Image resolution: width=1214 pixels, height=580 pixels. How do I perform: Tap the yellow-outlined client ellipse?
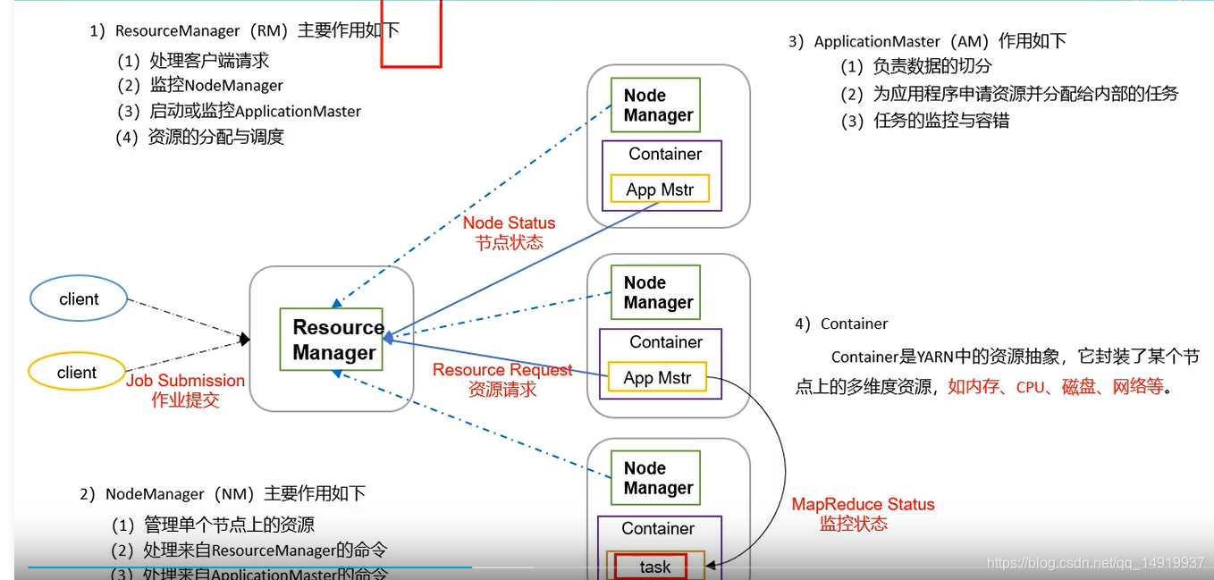(x=76, y=373)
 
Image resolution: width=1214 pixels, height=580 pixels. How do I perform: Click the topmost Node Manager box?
(x=655, y=105)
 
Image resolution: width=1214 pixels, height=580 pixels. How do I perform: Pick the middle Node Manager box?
(x=655, y=292)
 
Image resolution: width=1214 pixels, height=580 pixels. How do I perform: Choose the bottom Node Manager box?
(x=655, y=478)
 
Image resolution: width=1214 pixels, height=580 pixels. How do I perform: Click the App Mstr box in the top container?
(x=660, y=189)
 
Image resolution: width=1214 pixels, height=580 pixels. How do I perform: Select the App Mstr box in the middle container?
(x=657, y=378)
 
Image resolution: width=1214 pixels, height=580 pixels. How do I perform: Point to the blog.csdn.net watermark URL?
(x=1095, y=562)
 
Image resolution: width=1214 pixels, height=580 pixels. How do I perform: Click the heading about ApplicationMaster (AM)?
(x=927, y=41)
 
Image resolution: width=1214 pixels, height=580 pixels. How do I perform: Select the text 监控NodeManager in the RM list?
(x=216, y=86)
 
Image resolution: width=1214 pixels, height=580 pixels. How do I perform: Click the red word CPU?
(x=1031, y=388)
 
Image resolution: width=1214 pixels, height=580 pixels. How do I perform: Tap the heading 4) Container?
(x=841, y=324)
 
